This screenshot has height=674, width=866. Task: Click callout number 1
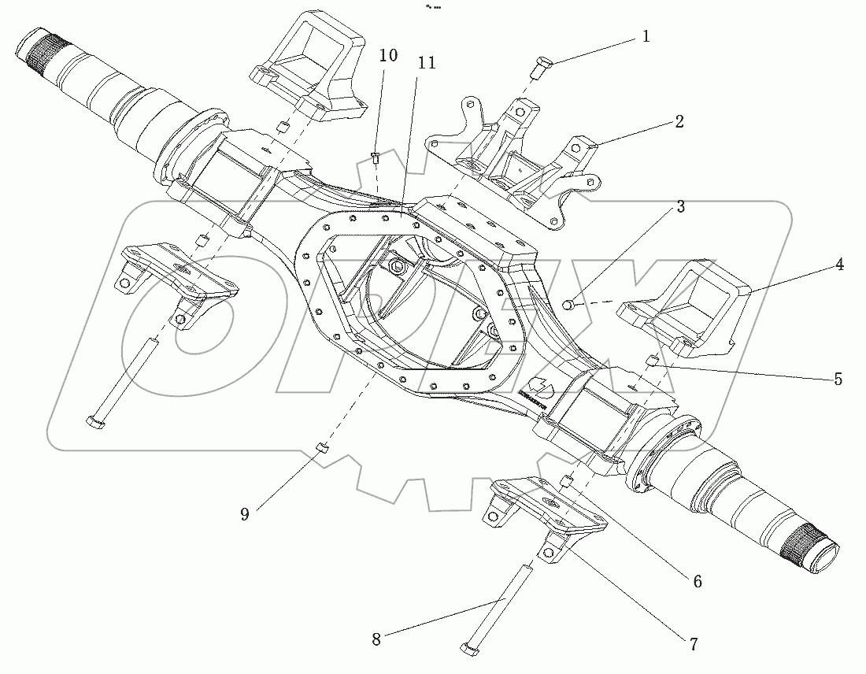click(646, 36)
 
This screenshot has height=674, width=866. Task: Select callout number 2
click(679, 121)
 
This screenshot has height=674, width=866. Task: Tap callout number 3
click(679, 207)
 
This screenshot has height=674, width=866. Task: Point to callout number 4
click(840, 265)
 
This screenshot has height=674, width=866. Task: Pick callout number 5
click(838, 379)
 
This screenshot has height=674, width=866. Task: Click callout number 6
click(698, 582)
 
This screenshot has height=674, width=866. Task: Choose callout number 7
click(693, 644)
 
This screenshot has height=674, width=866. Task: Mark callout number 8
click(376, 639)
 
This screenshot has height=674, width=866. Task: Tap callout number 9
click(245, 514)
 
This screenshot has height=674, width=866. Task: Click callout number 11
click(427, 63)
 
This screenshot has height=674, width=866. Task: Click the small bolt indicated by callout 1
click(538, 69)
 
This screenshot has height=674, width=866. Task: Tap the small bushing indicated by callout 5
click(651, 361)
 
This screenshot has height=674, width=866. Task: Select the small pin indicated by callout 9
click(321, 449)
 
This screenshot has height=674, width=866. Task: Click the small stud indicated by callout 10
click(376, 160)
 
